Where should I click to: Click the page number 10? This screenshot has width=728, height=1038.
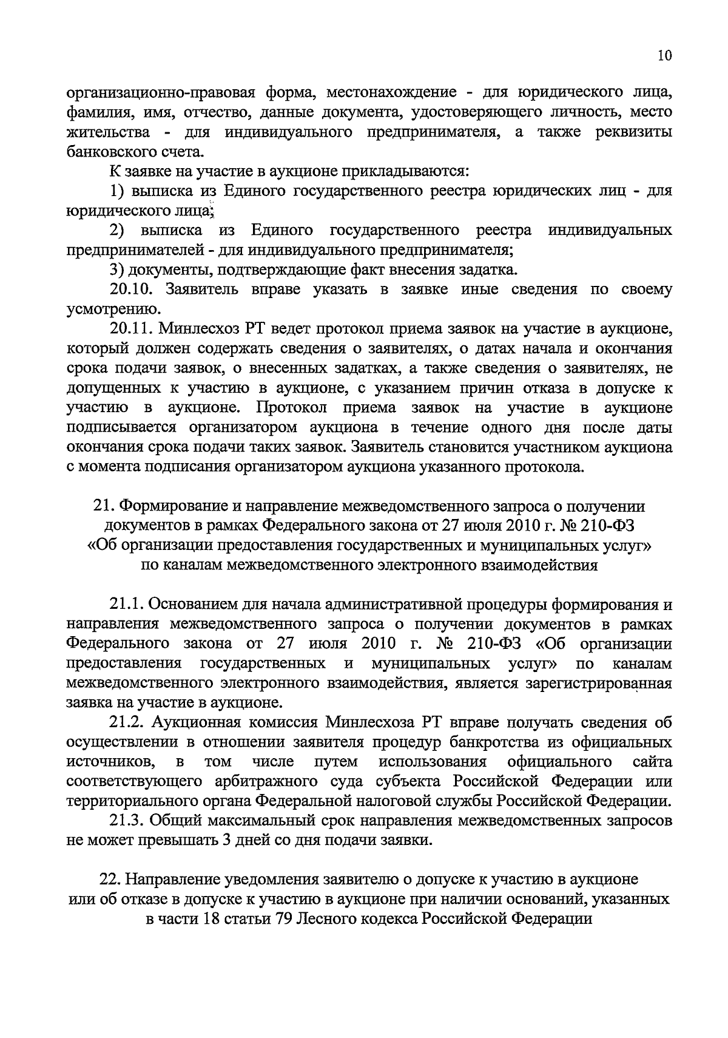(664, 56)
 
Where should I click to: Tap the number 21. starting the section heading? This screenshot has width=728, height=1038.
(101, 506)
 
